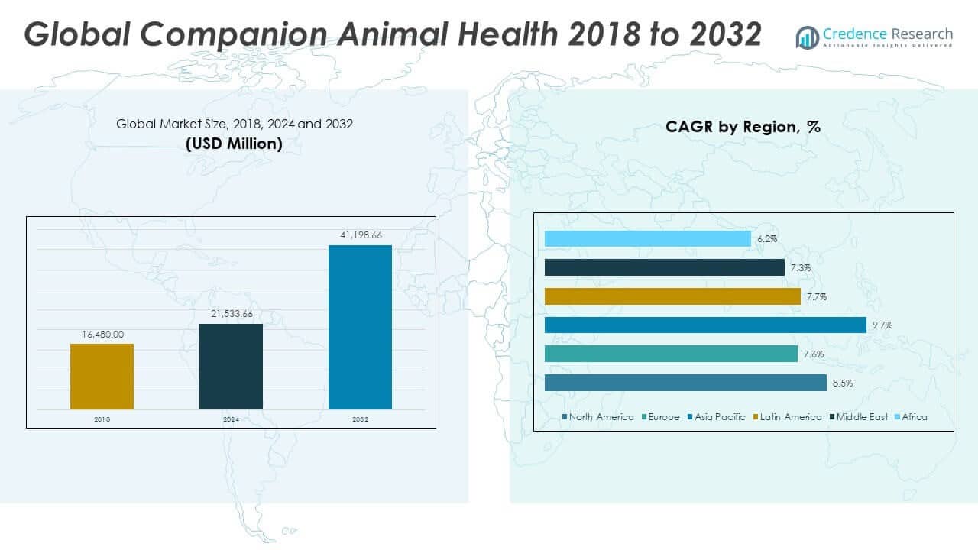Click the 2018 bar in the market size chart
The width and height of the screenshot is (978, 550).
102,376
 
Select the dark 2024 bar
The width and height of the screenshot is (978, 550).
231,366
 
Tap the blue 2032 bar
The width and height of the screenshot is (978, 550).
360,327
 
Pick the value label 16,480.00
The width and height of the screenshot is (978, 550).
102,334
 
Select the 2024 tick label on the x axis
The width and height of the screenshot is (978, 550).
231,419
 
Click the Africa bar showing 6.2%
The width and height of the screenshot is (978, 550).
647,239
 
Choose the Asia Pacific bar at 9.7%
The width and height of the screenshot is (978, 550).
705,325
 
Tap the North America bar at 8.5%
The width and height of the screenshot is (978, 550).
685,383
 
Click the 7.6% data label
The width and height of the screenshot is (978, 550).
811,354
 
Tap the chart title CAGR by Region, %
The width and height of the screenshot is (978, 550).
743,127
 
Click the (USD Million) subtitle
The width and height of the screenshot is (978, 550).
234,144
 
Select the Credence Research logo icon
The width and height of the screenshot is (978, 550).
807,37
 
